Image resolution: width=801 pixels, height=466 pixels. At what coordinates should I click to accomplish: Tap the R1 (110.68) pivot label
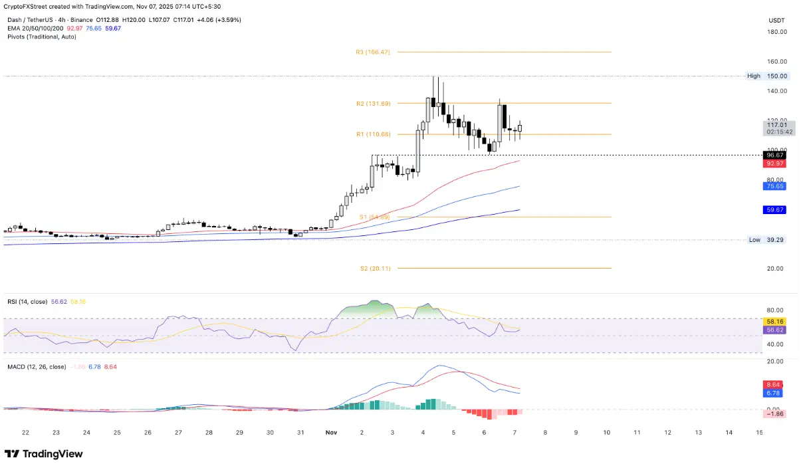[372, 134]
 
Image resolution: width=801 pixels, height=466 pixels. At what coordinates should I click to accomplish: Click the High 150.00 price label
[767, 76]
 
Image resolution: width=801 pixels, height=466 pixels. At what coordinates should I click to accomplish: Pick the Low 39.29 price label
[767, 240]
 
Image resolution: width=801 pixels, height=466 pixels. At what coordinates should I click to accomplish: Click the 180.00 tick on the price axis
[777, 32]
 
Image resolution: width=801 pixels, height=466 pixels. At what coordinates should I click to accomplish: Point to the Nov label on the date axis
[332, 432]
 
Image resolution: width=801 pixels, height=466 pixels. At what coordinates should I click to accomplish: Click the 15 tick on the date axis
[759, 432]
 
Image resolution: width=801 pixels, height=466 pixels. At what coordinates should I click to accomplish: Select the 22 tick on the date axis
[25, 432]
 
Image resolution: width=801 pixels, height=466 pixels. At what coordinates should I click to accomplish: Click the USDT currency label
[777, 19]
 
